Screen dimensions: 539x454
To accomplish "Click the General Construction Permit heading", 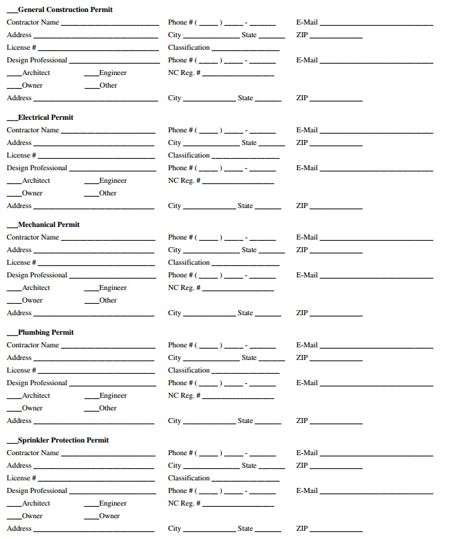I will point(65,9).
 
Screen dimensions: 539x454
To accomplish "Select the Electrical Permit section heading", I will point(45,117).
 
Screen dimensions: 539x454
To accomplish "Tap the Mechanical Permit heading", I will point(49,224).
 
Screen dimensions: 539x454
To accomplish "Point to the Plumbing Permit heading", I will point(45,332).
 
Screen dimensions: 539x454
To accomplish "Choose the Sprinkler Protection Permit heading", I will point(63,440).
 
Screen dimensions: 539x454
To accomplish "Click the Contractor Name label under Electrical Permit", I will point(33,130).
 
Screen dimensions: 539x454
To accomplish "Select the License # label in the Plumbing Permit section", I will point(21,370).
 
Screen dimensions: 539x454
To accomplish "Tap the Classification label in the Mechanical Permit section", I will point(189,262).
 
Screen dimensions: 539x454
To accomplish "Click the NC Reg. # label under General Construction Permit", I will point(184,72).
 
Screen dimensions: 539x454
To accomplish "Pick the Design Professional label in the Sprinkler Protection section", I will point(37,490).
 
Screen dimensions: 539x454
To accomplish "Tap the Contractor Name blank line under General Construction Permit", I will point(110,24).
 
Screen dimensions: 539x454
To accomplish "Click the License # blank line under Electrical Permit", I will point(96,157).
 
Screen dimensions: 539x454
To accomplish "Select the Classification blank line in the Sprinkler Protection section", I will point(245,480).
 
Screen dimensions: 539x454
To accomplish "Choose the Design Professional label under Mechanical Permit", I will point(37,275).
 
